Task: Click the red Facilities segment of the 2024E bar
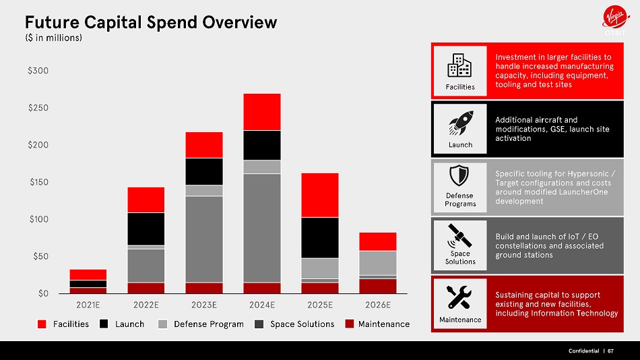(x=262, y=112)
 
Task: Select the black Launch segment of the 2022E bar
(x=146, y=229)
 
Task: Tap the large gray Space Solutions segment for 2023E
(x=204, y=239)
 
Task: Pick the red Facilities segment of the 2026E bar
(x=378, y=241)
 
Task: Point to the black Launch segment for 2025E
(x=320, y=238)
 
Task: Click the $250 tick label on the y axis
(x=38, y=108)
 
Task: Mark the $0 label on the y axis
(x=43, y=293)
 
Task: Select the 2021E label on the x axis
(x=88, y=305)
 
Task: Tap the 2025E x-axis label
(x=320, y=305)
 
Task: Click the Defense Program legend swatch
(x=162, y=324)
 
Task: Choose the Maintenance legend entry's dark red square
(x=350, y=324)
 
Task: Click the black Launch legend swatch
(x=104, y=324)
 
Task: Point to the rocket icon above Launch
(x=461, y=123)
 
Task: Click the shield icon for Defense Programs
(x=459, y=176)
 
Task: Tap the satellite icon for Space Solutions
(x=459, y=236)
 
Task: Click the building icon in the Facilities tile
(x=459, y=65)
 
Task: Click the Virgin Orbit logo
(x=616, y=20)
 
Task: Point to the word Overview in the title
(x=240, y=22)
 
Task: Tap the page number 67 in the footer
(x=610, y=351)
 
